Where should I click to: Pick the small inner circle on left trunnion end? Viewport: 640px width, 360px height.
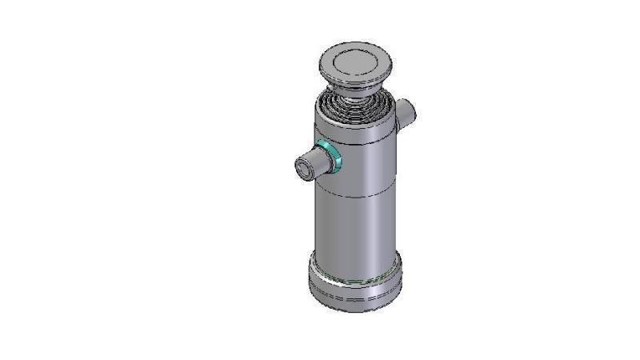pos(305,168)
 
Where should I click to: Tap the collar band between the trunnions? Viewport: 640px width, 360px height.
pos(360,168)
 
